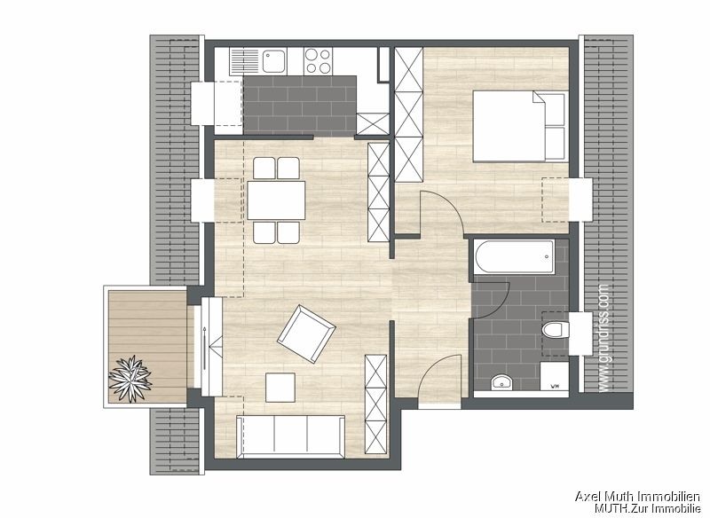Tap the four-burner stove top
tap(317, 60)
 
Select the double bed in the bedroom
tap(518, 126)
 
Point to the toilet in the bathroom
tap(555, 333)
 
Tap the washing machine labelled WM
tap(555, 379)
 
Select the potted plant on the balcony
tap(130, 380)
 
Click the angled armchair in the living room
tap(306, 334)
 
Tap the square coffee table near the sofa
tap(281, 388)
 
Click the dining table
tap(276, 200)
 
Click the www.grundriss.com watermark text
tap(604, 337)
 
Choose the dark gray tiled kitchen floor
tap(299, 102)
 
